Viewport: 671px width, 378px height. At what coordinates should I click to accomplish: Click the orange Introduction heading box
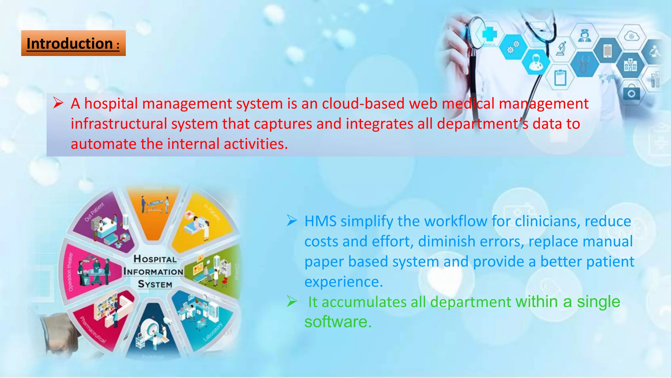pos(73,43)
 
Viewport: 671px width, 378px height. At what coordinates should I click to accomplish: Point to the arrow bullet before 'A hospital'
pos(58,103)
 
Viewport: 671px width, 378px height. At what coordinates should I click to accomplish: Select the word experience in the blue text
pos(343,282)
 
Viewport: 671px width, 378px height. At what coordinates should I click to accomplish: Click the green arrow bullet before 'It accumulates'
pos(292,301)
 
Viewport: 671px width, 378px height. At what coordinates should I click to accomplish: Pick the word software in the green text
pos(337,322)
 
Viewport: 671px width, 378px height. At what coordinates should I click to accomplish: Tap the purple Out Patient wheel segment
pos(105,223)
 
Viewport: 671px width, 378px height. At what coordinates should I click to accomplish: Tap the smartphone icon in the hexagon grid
pos(607,51)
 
